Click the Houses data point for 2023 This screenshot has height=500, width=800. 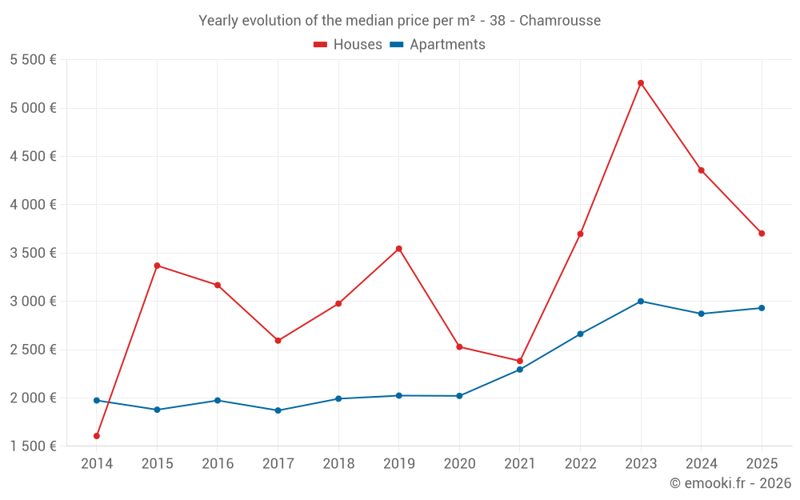click(641, 83)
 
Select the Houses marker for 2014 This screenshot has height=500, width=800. click(97, 436)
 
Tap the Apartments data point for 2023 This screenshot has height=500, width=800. click(641, 302)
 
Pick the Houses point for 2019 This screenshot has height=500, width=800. click(399, 249)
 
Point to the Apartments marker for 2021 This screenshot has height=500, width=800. click(520, 370)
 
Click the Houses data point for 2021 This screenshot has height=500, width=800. click(520, 361)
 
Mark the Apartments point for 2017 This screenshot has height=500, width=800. click(278, 410)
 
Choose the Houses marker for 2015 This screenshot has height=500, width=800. click(157, 266)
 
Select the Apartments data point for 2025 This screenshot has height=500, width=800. click(762, 308)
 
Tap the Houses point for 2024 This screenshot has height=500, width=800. click(702, 170)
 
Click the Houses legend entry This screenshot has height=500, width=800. click(348, 45)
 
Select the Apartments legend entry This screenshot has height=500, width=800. click(438, 45)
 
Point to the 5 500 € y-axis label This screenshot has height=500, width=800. click(33, 60)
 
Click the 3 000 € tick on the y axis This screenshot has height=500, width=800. click(33, 302)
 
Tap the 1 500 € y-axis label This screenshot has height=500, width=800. click(33, 446)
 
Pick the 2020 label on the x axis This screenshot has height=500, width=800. click(459, 464)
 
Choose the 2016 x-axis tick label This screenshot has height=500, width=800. click(218, 464)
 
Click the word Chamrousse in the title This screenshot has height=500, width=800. click(560, 21)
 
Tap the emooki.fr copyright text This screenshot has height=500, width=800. click(730, 483)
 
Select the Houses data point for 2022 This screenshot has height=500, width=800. click(581, 234)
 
